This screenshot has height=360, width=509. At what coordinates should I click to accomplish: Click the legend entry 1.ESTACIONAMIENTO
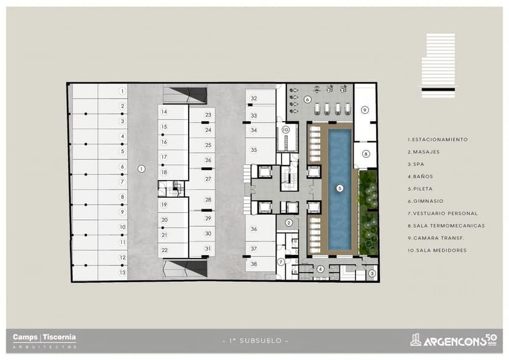tap(437, 139)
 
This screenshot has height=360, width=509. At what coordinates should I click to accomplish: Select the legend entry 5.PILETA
tap(421, 189)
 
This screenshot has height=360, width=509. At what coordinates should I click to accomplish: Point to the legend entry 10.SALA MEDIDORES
tap(437, 250)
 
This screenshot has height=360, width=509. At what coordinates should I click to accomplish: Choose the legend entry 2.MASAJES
tap(425, 152)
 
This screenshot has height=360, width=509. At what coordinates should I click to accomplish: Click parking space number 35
tap(253, 149)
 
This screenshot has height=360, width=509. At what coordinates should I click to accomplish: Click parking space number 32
tap(253, 98)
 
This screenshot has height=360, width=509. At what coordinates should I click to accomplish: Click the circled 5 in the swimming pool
tap(339, 188)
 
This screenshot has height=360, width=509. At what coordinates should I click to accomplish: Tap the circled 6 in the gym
tap(307, 99)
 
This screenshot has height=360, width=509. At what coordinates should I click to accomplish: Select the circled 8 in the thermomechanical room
tap(365, 154)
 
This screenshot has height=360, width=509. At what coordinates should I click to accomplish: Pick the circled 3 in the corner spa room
tap(371, 273)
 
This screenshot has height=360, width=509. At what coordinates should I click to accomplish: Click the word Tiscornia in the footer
tap(59, 337)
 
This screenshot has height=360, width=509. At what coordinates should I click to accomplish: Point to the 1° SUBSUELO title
tap(254, 340)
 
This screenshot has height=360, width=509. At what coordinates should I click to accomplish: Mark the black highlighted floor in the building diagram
tap(438, 90)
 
